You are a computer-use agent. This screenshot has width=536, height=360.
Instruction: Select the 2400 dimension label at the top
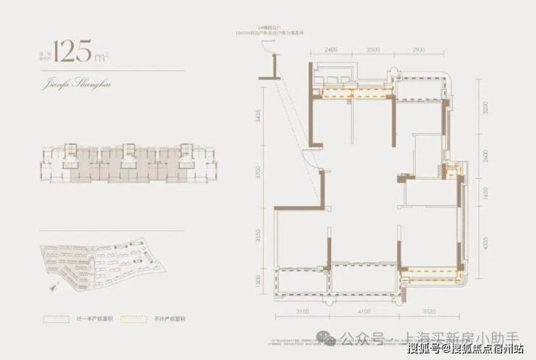point(331,49)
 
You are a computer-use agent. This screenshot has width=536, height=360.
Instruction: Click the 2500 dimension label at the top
point(373,49)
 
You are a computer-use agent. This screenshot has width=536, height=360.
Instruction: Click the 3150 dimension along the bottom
point(303,311)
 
